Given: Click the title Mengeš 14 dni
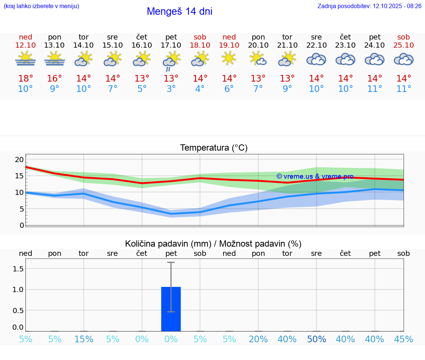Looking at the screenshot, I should click(x=179, y=11).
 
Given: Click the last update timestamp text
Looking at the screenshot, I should click(x=369, y=6).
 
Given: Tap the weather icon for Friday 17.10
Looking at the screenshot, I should click(x=171, y=60).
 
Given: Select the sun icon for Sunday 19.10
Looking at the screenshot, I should click(x=229, y=58).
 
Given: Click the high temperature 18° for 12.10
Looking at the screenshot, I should click(x=25, y=79).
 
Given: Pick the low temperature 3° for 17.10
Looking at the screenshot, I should click(x=171, y=89).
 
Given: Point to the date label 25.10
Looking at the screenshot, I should click(x=404, y=45).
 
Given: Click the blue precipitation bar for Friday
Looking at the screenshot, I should click(x=171, y=309).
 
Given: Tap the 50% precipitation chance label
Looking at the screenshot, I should click(x=317, y=339).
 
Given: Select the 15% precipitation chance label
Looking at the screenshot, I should click(x=84, y=339).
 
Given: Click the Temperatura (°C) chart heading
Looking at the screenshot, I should click(x=214, y=148).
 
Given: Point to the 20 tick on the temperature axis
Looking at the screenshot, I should click(x=19, y=160).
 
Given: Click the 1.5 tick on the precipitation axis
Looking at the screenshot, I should click(x=18, y=268).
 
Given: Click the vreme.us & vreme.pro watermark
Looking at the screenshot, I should click(x=315, y=176).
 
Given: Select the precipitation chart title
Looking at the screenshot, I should click(x=213, y=244).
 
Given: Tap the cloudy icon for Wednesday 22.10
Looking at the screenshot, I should click(x=316, y=59).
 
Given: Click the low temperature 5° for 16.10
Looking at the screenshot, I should click(x=142, y=89).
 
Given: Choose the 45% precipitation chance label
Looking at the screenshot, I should click(x=404, y=339).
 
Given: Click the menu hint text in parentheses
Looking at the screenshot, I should click(x=41, y=6).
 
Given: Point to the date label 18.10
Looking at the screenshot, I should click(x=200, y=45).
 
